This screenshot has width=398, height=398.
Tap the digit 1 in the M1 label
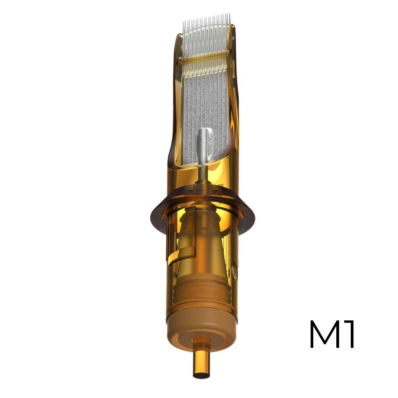tap(349, 334)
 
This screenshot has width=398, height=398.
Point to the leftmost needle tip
tap(183, 22)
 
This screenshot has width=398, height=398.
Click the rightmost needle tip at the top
tap(230, 14)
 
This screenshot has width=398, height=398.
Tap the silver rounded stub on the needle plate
tap(205, 145)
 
